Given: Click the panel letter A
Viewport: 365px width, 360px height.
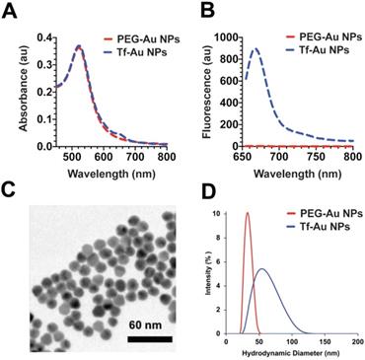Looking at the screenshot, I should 10,12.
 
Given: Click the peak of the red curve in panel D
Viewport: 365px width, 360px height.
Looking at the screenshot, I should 248,213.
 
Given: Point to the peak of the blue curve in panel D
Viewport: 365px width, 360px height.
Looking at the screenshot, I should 261,269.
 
